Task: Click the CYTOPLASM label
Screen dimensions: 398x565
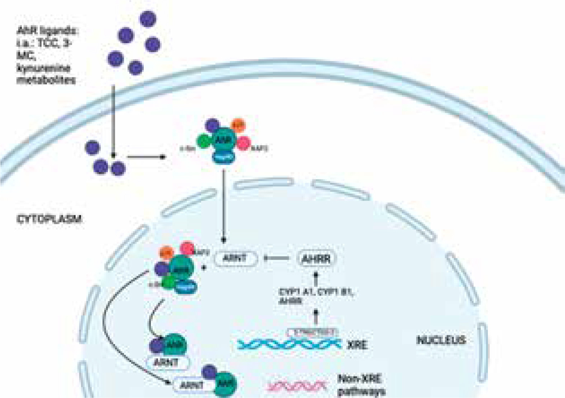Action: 49,219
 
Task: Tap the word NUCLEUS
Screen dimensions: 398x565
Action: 441,340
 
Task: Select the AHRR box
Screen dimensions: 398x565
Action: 316,258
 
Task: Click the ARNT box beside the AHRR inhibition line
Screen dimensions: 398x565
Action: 236,258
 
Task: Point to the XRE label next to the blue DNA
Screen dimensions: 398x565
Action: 357,345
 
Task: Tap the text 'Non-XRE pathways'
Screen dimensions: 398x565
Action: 360,385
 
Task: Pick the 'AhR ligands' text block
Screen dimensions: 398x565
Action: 47,55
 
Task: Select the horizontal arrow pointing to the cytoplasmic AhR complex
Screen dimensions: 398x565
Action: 146,157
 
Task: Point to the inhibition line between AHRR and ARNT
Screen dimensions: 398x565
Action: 276,258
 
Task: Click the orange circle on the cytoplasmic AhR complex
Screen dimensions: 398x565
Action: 238,125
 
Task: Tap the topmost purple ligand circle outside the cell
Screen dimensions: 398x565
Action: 148,19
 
